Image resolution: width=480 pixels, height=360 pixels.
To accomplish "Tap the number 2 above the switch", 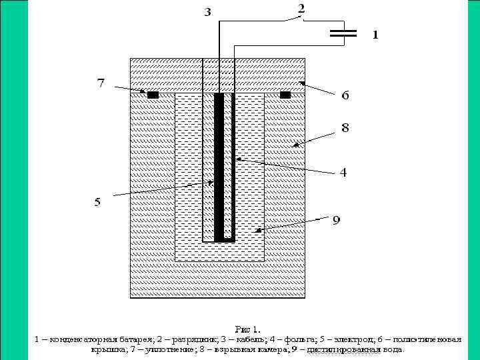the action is pos(301,9).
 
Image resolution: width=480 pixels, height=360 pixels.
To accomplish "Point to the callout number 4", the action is pos(343,172).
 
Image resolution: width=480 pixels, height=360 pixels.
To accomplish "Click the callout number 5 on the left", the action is pos(97,201).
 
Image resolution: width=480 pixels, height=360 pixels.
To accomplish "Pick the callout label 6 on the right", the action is pos(345,96).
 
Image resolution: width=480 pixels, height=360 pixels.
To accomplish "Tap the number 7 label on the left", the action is pos(101,83).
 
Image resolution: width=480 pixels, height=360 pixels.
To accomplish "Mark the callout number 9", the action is pos(337,221).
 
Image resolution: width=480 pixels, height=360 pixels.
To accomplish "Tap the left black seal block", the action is pos(153,95).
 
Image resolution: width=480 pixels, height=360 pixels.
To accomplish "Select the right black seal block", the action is pos(285,95).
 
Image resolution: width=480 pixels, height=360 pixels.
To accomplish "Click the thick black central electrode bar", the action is pos(219,167).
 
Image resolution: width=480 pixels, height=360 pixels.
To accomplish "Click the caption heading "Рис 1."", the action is pos(248,329).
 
